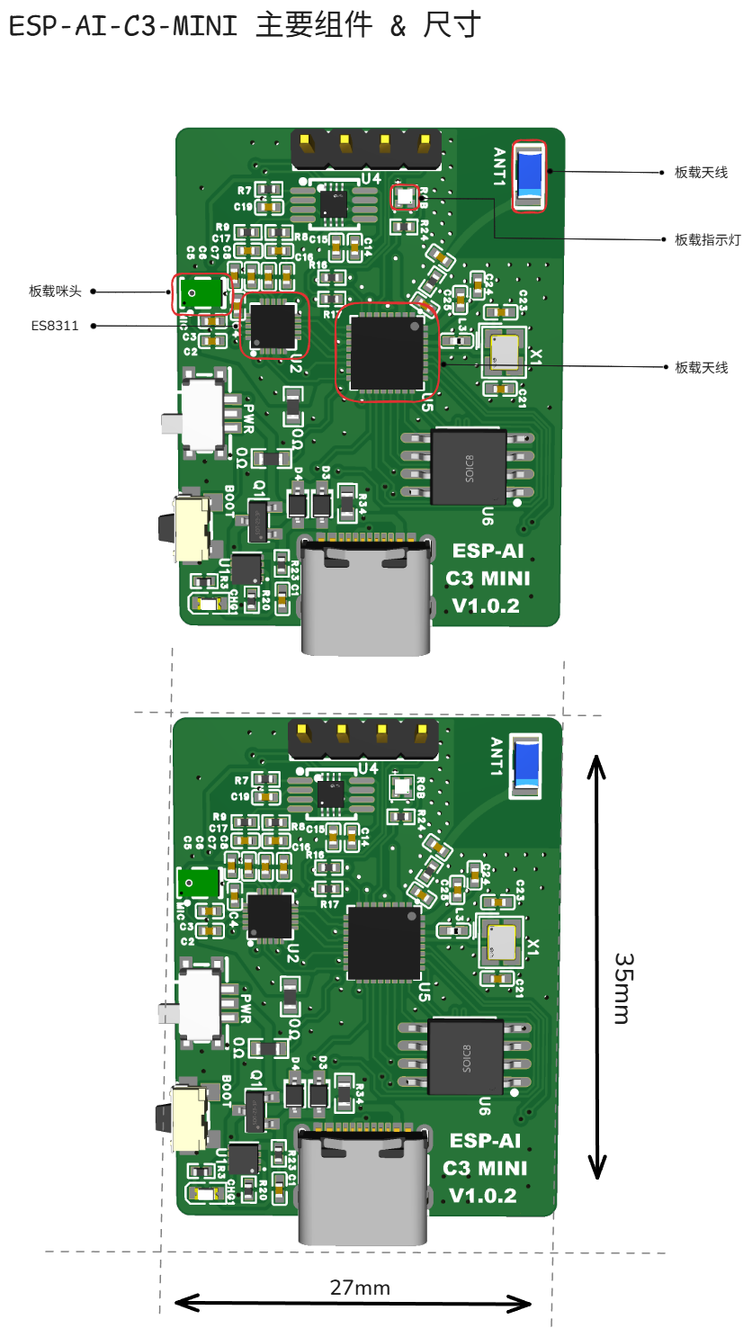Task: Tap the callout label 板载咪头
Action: [55, 292]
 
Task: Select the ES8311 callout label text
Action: [55, 326]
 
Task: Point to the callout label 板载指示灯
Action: [707, 240]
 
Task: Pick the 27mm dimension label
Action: [360, 1288]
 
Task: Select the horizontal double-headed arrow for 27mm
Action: [353, 1302]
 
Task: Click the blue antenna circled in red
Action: [529, 175]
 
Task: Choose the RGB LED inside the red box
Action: [404, 196]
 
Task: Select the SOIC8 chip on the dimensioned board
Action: [466, 1056]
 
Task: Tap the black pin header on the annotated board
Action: [364, 149]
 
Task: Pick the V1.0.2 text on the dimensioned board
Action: [483, 1196]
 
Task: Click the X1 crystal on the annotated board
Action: [505, 351]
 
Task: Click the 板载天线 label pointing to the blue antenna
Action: [701, 172]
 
